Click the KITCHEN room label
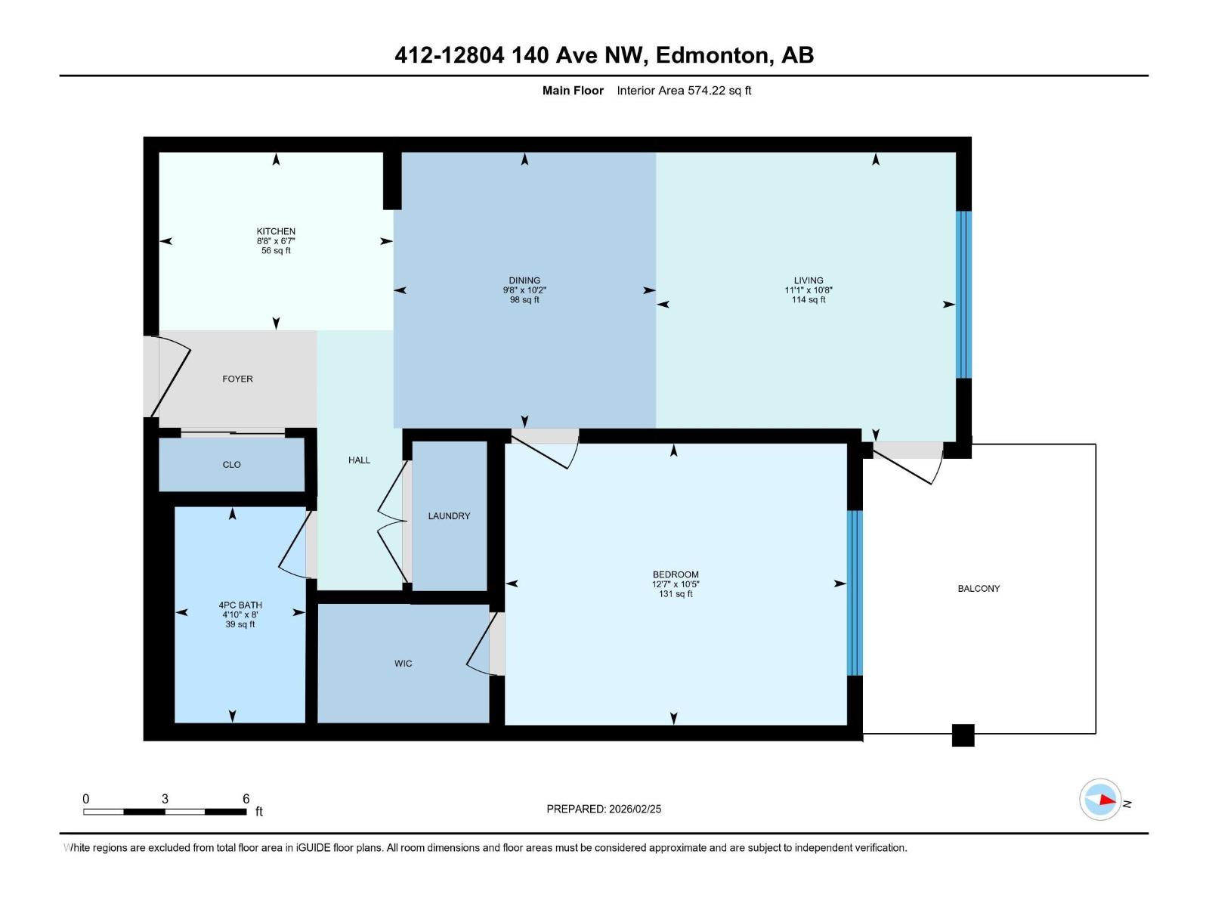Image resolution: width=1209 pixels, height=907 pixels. coord(276,231)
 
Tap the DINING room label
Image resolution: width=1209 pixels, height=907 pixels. coord(524,280)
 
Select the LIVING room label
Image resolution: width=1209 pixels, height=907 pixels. coord(808,280)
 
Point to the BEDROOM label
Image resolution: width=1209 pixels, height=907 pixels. coord(676,574)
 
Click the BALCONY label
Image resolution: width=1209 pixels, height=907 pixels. coord(979,589)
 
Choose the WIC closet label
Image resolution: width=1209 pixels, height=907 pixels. coord(403,664)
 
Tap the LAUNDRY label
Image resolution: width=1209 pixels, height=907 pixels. coord(449,516)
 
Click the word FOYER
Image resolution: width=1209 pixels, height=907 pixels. coord(237,379)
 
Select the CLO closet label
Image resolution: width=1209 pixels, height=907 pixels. coord(231,465)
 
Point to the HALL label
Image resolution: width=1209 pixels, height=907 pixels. coord(359,460)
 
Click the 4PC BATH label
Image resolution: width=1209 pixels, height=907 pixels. coord(240,605)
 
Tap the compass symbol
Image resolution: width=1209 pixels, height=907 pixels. coord(1100,800)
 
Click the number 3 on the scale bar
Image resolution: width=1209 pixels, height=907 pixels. coord(165,798)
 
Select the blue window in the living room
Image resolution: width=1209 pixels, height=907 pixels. coord(963,295)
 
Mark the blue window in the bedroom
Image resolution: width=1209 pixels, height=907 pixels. coord(855,593)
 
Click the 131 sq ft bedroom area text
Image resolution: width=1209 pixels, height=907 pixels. coord(676,594)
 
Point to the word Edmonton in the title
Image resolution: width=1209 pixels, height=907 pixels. coord(712,55)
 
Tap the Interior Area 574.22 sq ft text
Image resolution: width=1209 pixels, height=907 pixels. coord(684,91)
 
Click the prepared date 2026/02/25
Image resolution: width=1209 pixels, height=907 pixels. coord(635,809)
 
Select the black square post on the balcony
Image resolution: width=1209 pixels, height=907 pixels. coord(963,735)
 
